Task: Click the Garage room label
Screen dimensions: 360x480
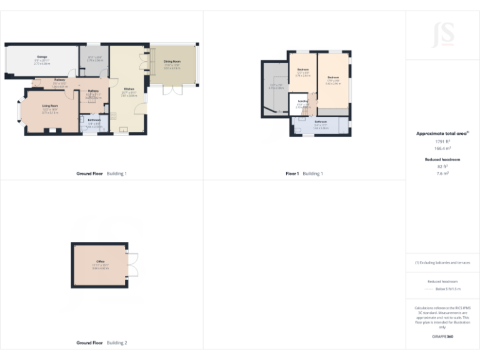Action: (x=41, y=57)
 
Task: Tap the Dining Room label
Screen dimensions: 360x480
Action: (x=172, y=61)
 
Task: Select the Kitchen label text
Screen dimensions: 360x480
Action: (x=129, y=89)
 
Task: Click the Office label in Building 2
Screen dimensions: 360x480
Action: (x=100, y=261)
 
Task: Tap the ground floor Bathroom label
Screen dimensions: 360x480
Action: (x=94, y=120)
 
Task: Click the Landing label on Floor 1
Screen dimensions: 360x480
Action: (x=302, y=101)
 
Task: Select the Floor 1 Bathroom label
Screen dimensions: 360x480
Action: (x=321, y=121)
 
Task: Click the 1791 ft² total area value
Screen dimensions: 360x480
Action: (x=442, y=142)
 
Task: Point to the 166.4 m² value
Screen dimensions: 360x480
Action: (x=442, y=149)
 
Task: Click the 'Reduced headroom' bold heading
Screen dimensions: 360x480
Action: (x=442, y=160)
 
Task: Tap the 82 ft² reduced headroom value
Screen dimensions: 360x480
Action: (x=442, y=167)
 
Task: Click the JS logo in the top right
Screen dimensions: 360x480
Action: (x=442, y=34)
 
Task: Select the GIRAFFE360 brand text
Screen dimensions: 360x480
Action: (x=442, y=337)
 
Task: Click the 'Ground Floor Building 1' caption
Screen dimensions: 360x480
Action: (x=101, y=173)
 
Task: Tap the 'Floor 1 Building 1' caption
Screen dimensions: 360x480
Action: (x=304, y=173)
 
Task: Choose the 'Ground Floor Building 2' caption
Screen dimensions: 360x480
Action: (x=101, y=342)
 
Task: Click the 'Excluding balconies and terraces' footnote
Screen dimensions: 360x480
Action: (x=442, y=262)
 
